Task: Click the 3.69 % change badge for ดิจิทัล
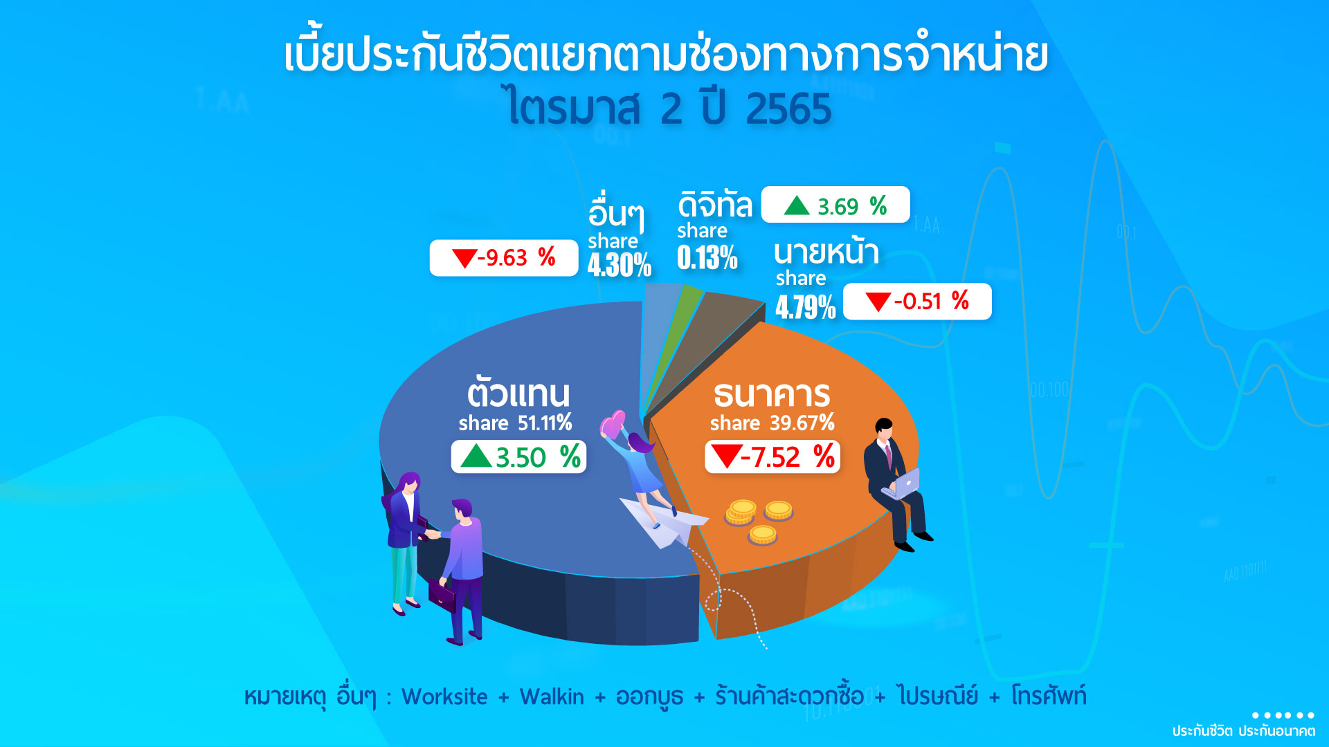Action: (x=835, y=205)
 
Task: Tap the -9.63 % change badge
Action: (x=504, y=258)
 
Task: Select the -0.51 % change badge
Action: (x=917, y=302)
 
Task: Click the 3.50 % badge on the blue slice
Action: (x=518, y=457)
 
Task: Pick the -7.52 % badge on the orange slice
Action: (x=772, y=457)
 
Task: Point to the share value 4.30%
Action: (x=620, y=265)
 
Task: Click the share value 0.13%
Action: (x=707, y=258)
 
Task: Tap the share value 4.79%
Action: (x=805, y=307)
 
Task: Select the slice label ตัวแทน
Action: (x=518, y=393)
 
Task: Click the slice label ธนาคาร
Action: (x=772, y=394)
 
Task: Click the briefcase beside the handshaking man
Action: (x=442, y=594)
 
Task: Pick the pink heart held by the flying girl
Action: (x=613, y=424)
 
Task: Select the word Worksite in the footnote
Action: (x=444, y=697)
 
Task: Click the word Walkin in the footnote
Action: (x=552, y=697)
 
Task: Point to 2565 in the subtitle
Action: (x=788, y=109)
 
